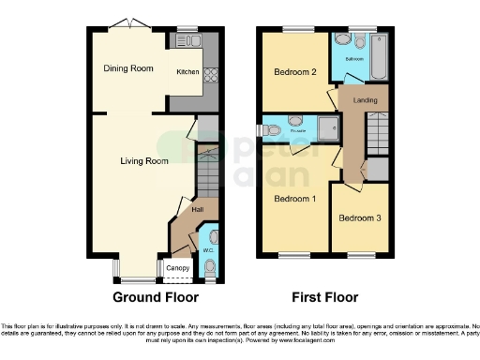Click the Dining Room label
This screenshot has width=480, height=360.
tap(127, 67)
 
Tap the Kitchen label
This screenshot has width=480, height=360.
tap(188, 71)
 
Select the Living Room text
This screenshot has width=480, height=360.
tap(144, 161)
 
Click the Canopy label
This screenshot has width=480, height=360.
tap(177, 270)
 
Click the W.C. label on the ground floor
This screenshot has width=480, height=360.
tap(208, 250)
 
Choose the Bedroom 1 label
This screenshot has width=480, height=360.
tap(295, 199)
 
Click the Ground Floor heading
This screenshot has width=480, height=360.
tap(156, 298)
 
